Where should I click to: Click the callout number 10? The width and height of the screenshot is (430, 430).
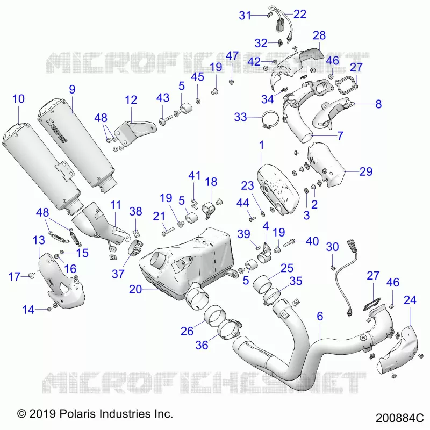point(18,99)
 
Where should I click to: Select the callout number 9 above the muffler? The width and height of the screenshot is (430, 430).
point(72,89)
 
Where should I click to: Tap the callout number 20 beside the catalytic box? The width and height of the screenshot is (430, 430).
point(135,289)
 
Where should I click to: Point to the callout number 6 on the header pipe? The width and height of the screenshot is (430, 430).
point(320,316)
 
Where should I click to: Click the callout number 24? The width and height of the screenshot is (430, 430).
point(410,300)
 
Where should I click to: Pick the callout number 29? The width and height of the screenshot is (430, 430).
point(366,171)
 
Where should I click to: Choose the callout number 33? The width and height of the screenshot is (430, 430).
point(240,117)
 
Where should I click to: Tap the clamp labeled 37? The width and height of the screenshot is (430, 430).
point(136,247)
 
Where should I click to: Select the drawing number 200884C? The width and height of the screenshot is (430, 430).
point(399,418)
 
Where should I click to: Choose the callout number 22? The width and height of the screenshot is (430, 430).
point(300,15)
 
